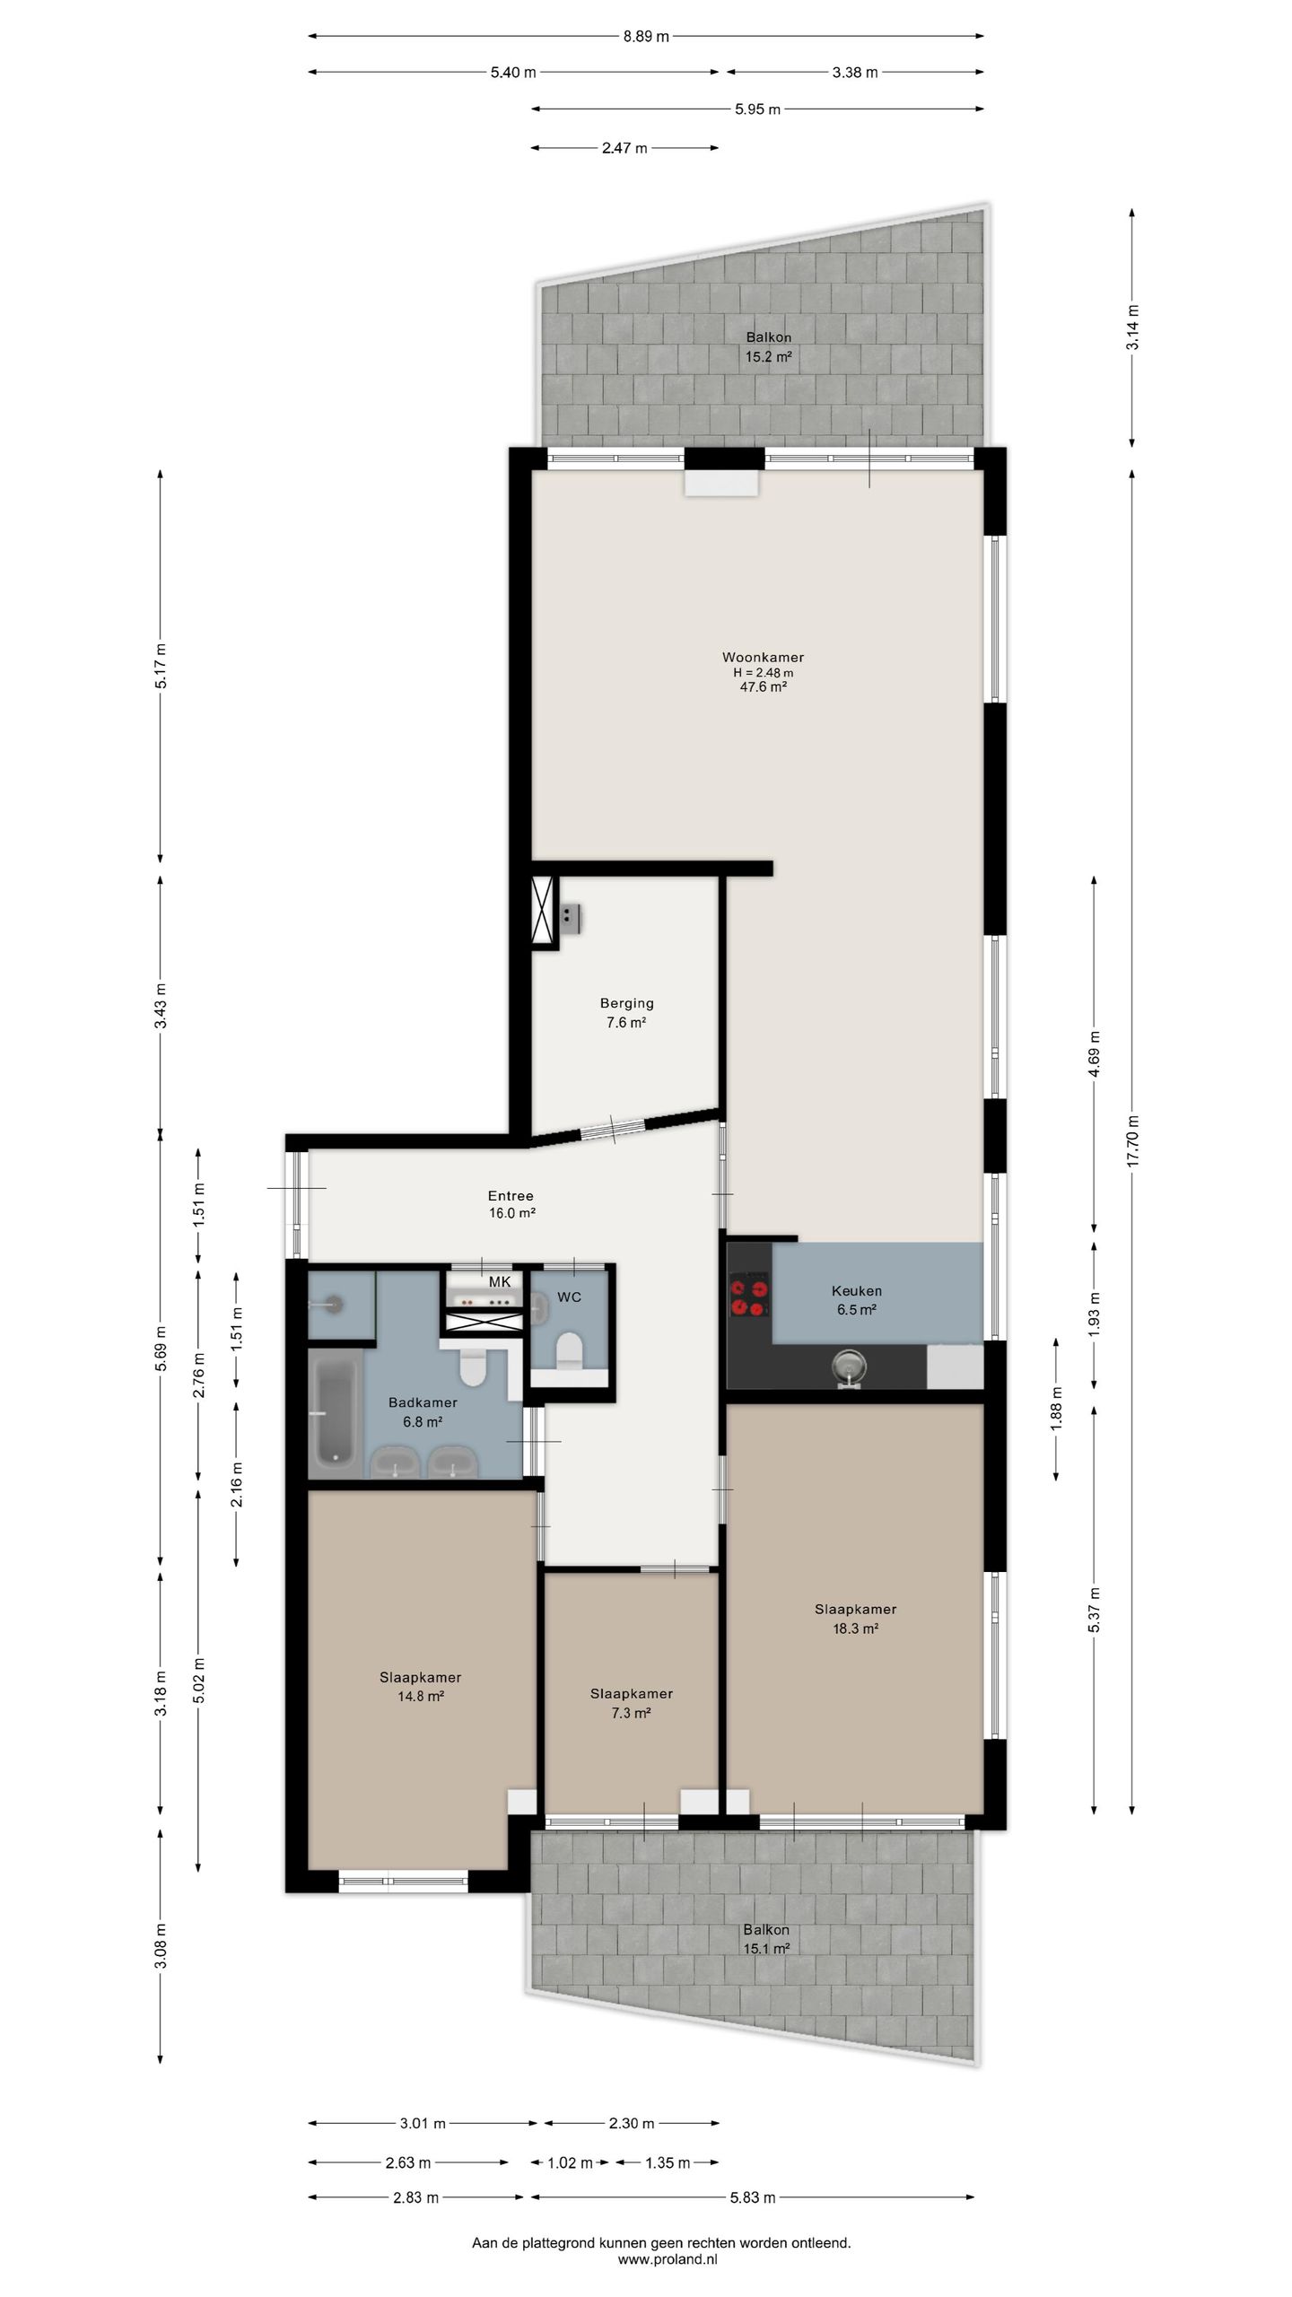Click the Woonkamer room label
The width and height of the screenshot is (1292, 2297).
pos(763,658)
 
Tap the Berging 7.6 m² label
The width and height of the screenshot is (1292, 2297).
pos(626,1012)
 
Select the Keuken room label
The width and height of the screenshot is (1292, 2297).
pos(856,1291)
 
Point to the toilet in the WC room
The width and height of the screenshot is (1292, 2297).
pos(569,1351)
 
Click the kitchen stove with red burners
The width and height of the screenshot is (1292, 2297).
pos(748,1295)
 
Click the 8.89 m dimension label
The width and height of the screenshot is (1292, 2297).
pos(646,37)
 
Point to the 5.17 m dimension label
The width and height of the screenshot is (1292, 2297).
pos(161,666)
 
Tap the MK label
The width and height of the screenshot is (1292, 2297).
pos(500,1282)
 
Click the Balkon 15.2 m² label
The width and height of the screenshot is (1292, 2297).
pos(769,347)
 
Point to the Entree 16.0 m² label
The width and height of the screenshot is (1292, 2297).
pos(511,1204)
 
